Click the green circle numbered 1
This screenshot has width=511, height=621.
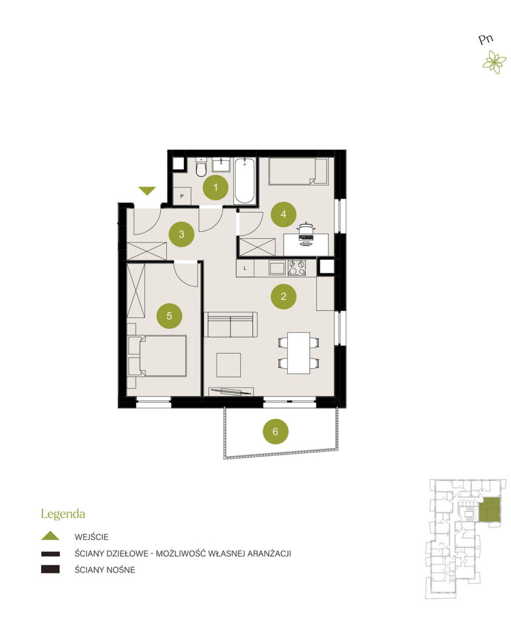click(x=215, y=187)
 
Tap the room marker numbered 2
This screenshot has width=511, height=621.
click(x=283, y=296)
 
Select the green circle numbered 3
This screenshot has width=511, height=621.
click(x=181, y=234)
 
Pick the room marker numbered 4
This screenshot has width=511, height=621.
click(x=283, y=214)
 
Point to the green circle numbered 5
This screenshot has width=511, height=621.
click(x=169, y=315)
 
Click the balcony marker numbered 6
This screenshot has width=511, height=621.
click(x=276, y=431)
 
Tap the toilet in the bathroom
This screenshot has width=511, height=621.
click(x=201, y=168)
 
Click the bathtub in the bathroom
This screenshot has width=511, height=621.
click(x=245, y=181)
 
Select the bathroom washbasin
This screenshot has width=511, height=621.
click(x=221, y=165)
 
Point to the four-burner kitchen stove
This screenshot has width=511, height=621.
click(x=297, y=267)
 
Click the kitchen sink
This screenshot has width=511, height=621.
click(x=277, y=267)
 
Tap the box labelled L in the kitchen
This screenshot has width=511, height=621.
click(x=245, y=268)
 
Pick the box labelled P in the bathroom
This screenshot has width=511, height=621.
click(x=182, y=196)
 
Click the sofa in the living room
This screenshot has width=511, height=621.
click(x=231, y=325)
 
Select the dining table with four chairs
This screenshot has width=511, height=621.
click(x=299, y=353)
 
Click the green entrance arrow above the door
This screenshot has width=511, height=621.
click(x=147, y=191)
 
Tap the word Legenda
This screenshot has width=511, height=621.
click(x=63, y=514)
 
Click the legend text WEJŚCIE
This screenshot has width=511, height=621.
click(x=91, y=537)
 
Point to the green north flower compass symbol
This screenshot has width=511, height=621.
click(x=494, y=62)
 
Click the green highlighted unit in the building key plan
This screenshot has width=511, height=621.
click(x=489, y=509)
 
